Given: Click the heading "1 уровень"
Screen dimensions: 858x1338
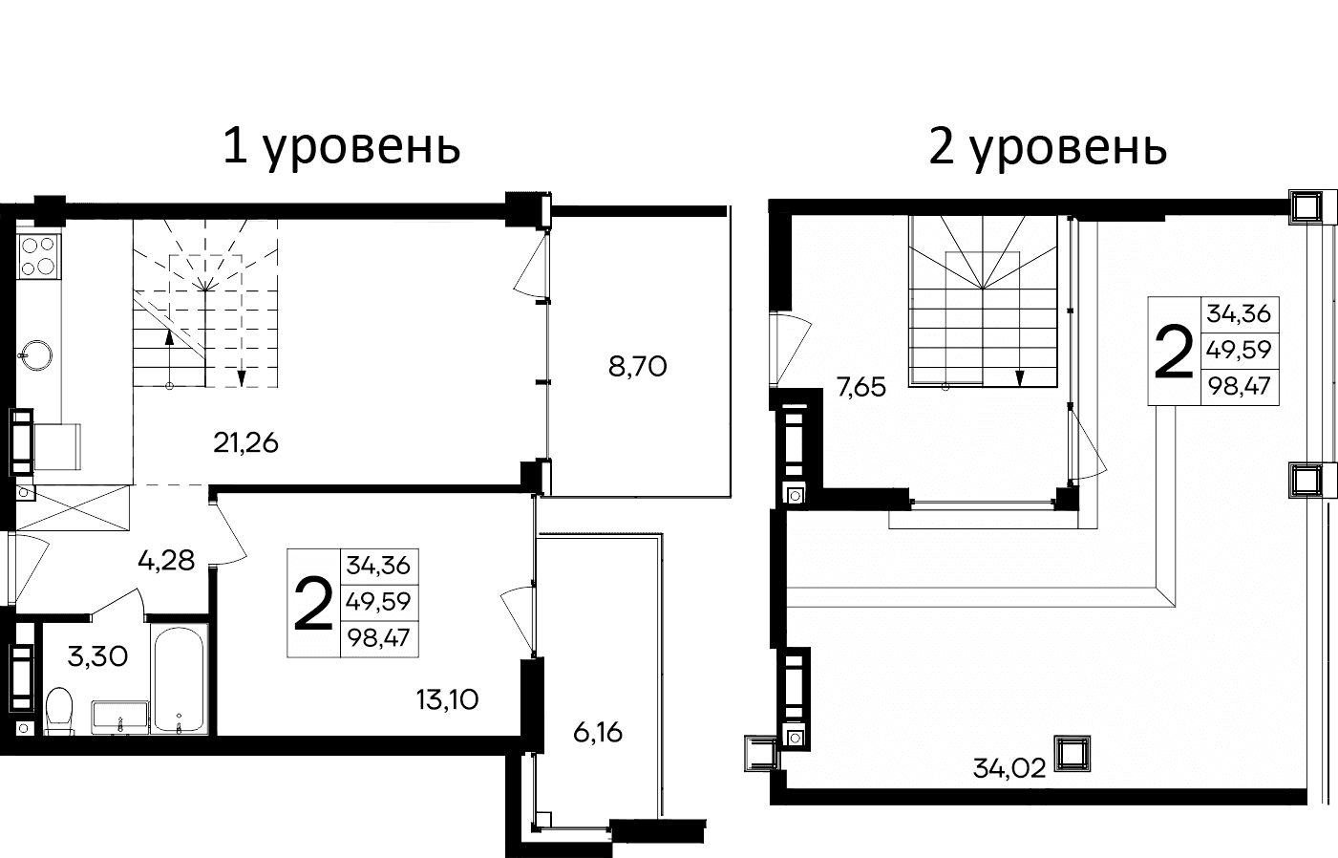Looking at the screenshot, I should (x=341, y=147).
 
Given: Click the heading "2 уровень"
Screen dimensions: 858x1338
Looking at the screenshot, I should (x=1048, y=147).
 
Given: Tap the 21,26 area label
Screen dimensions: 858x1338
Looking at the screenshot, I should (x=245, y=442).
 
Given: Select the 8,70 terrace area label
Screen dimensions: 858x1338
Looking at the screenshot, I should (x=637, y=366).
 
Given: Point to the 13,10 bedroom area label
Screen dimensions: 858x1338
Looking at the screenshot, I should (x=447, y=699).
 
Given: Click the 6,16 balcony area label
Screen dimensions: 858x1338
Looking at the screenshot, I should (x=598, y=733).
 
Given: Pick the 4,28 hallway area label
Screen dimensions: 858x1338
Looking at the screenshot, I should (x=166, y=560).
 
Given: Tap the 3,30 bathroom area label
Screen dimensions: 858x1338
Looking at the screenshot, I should (x=97, y=656).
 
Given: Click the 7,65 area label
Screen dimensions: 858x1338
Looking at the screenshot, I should (x=860, y=387).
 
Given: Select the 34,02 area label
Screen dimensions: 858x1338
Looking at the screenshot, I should (x=1009, y=767).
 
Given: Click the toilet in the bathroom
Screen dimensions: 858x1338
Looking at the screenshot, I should (x=59, y=711).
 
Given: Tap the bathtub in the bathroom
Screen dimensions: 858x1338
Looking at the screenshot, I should (x=179, y=679).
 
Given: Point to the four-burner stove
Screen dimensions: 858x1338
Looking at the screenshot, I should (x=38, y=255).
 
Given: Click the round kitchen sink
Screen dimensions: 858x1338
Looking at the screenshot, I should (x=37, y=354).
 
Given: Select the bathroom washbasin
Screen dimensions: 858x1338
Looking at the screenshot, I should (x=120, y=717).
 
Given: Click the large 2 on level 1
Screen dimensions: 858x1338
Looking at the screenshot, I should (x=313, y=603).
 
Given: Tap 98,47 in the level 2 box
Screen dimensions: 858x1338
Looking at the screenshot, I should (x=1239, y=386).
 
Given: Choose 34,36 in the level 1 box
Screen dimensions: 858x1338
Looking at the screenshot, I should (x=378, y=566).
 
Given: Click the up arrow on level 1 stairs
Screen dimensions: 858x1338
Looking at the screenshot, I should (x=169, y=335).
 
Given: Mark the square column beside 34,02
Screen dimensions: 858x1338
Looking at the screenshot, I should (x=1072, y=754).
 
